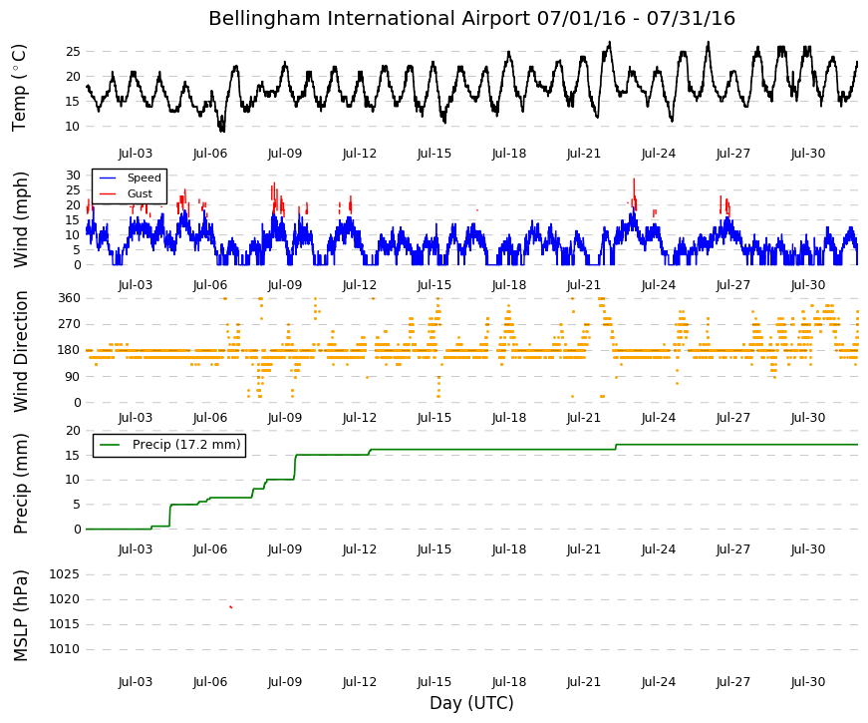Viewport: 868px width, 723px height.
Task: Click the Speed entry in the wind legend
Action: pyautogui.click(x=144, y=178)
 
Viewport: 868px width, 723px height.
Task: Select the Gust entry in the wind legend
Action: pyautogui.click(x=140, y=193)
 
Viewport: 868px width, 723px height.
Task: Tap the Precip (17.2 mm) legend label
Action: pyautogui.click(x=186, y=445)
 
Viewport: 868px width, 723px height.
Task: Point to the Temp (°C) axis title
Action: pyautogui.click(x=19, y=88)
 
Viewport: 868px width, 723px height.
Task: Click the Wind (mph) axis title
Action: pyautogui.click(x=20, y=220)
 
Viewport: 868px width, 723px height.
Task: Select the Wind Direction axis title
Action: pyautogui.click(x=20, y=352)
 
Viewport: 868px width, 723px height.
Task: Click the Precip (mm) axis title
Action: pyautogui.click(x=20, y=483)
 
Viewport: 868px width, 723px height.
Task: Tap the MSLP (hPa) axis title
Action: pyautogui.click(x=20, y=615)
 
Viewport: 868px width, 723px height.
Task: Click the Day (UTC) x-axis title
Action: pyautogui.click(x=471, y=703)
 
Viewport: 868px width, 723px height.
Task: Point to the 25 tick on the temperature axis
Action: pyautogui.click(x=73, y=52)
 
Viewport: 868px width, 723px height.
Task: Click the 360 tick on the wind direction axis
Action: pyautogui.click(x=69, y=298)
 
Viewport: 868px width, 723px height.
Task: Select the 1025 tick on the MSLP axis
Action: pyautogui.click(x=64, y=574)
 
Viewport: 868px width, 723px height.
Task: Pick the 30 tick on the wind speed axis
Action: pyautogui.click(x=73, y=176)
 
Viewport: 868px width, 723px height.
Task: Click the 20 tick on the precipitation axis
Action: pyautogui.click(x=73, y=431)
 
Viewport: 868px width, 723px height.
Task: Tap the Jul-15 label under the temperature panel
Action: pyautogui.click(x=434, y=154)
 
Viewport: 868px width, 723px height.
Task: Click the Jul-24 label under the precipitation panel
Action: pyautogui.click(x=659, y=549)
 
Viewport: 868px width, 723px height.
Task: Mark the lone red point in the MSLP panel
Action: pyautogui.click(x=231, y=607)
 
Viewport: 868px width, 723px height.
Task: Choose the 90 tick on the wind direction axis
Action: pyautogui.click(x=73, y=377)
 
